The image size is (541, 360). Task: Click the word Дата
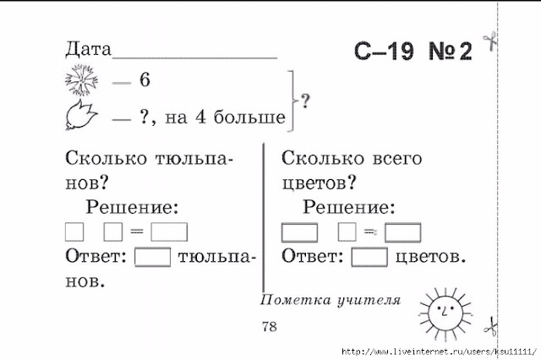click(x=87, y=48)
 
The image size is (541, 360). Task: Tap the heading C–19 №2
click(x=412, y=52)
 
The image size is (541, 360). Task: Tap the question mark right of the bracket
click(x=305, y=101)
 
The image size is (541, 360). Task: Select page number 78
click(x=270, y=327)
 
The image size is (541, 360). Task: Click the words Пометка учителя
click(x=331, y=299)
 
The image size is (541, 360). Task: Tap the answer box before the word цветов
click(x=369, y=256)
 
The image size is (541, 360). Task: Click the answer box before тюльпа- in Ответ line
click(x=153, y=256)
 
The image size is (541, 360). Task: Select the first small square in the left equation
click(x=74, y=231)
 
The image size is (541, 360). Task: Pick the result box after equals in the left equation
click(x=169, y=231)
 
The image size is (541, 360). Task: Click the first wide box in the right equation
click(x=299, y=232)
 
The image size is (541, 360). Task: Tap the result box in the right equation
click(x=402, y=232)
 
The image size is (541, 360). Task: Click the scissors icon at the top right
click(x=488, y=41)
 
